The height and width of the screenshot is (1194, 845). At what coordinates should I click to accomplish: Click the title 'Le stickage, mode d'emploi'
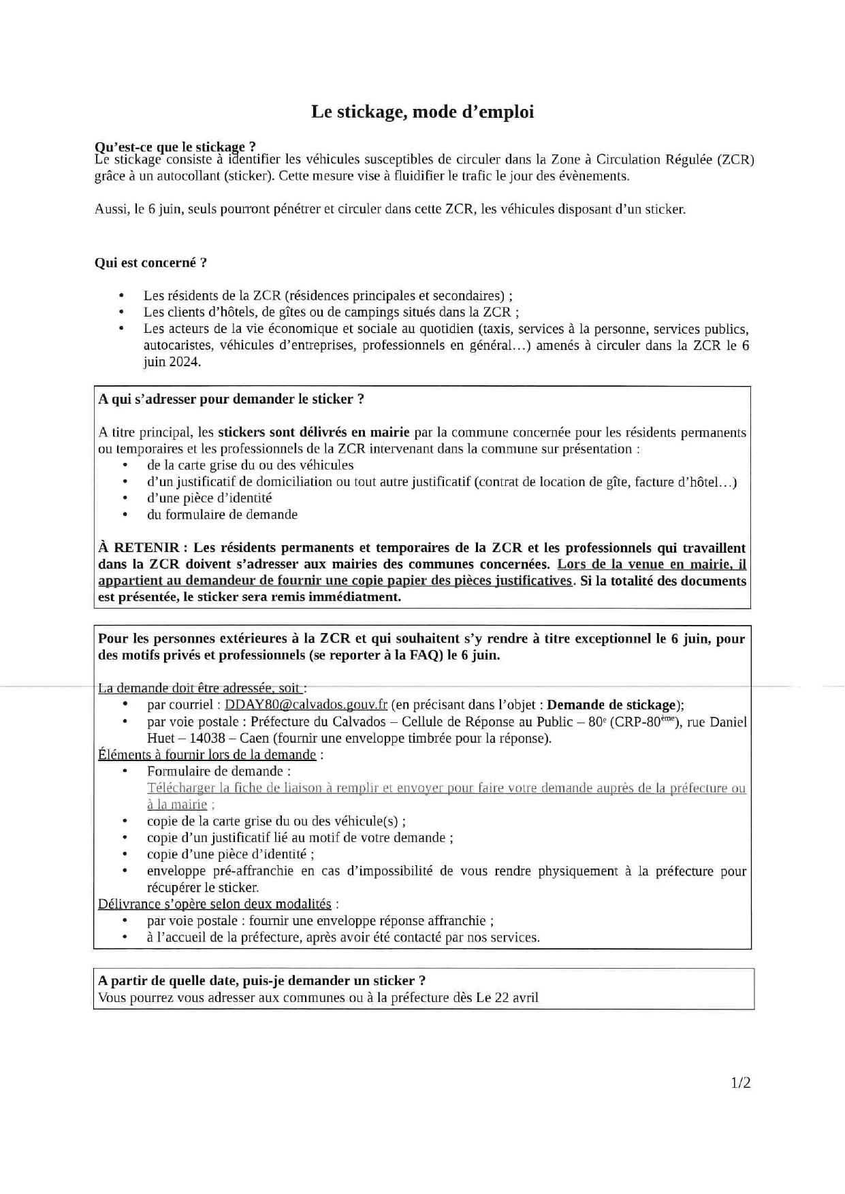[422, 112]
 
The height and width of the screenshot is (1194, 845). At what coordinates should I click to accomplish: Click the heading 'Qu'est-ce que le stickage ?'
[175, 146]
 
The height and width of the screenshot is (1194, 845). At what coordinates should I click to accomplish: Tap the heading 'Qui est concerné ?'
[150, 263]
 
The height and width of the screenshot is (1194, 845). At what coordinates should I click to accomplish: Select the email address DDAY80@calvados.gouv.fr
[306, 705]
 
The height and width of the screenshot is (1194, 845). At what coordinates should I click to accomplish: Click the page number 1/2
[741, 1083]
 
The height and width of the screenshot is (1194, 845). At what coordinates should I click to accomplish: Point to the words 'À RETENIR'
[139, 548]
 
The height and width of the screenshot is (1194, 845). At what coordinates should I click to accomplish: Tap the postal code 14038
[207, 739]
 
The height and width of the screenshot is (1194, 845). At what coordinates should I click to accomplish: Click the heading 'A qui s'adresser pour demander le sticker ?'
[231, 400]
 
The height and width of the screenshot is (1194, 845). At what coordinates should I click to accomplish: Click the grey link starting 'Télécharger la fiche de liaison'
[446, 788]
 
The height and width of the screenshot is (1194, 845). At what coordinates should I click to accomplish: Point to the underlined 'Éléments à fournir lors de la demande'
[207, 755]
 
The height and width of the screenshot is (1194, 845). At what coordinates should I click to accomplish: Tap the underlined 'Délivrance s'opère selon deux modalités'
[214, 904]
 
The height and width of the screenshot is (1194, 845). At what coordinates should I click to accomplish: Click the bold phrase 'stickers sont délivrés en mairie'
[313, 432]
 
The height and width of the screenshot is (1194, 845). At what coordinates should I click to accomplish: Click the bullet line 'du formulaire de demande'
[222, 515]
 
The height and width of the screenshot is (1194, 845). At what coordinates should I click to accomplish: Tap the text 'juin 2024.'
[172, 362]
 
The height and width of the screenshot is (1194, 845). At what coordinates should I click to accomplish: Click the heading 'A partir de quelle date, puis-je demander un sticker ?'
[261, 981]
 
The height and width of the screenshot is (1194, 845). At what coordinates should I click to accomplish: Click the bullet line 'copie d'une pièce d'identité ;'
[230, 854]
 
